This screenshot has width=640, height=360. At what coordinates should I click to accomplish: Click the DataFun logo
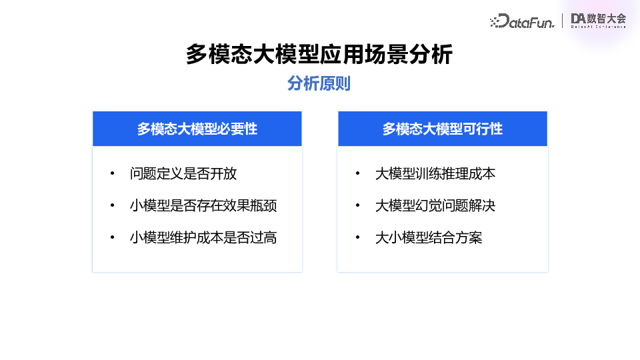(521, 21)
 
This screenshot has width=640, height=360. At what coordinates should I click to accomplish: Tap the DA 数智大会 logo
(598, 21)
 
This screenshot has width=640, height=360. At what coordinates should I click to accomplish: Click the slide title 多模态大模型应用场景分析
(319, 55)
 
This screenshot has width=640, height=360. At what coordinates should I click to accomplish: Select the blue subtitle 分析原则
(319, 84)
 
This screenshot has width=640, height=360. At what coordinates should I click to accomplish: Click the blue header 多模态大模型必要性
(197, 129)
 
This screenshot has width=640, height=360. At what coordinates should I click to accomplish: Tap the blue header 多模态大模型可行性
(443, 129)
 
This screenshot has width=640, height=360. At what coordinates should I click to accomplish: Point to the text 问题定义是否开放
(183, 174)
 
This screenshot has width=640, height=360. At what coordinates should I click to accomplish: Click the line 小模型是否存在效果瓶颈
(203, 206)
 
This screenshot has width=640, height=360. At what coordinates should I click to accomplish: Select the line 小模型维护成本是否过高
(203, 237)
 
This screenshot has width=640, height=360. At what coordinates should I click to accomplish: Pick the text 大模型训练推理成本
(435, 174)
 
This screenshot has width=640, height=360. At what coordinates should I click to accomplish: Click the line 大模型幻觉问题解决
(435, 206)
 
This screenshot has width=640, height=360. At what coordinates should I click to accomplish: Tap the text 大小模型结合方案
(429, 237)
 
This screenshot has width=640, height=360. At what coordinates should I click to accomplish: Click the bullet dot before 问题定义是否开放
(112, 175)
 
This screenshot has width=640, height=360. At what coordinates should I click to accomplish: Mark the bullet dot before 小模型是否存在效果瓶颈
(112, 206)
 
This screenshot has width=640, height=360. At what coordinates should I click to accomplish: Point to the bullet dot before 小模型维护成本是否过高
(112, 238)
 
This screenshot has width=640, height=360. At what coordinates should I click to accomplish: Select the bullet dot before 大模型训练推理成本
(358, 175)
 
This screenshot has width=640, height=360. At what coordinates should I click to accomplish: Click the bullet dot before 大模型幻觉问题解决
(358, 206)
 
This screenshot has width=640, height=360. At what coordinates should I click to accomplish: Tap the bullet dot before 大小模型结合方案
(358, 238)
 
